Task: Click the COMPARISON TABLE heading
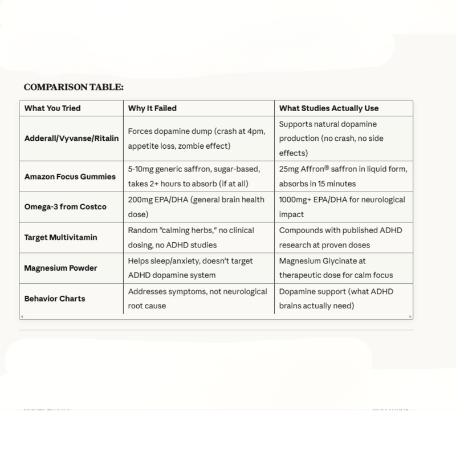(x=74, y=87)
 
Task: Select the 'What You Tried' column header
(x=52, y=108)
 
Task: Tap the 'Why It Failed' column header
(x=152, y=108)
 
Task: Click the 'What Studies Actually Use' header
(x=329, y=108)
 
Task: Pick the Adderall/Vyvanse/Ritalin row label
(x=72, y=139)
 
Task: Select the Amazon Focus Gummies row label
(x=70, y=177)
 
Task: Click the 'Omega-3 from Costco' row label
(x=66, y=206)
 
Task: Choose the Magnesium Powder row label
(x=61, y=268)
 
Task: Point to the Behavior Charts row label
(x=55, y=298)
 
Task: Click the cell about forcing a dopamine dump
(x=197, y=139)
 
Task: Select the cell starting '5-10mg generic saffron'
(x=194, y=177)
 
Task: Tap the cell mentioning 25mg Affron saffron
(x=343, y=177)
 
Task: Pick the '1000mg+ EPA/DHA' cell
(x=342, y=206)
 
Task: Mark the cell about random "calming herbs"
(x=191, y=237)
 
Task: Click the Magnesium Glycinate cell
(x=336, y=268)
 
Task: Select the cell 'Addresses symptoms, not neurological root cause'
(x=197, y=298)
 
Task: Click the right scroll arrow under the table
(x=410, y=316)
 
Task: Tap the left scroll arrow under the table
(x=22, y=316)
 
